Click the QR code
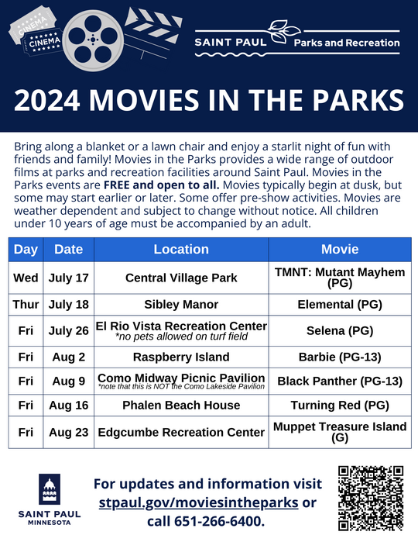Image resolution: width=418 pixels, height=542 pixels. click(x=371, y=497)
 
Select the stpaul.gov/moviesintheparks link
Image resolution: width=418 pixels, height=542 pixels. click(x=199, y=502)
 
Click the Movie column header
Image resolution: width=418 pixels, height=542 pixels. click(x=340, y=250)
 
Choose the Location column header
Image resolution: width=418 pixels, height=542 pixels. click(x=181, y=250)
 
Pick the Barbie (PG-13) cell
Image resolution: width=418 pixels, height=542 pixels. click(x=340, y=357)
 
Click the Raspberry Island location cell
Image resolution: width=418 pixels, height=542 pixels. click(x=181, y=357)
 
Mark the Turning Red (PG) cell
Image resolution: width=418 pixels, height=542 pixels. click(x=340, y=405)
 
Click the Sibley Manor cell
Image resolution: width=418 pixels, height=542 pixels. click(x=181, y=304)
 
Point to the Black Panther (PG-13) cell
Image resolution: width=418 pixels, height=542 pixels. click(x=340, y=381)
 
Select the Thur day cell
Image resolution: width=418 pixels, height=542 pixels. click(x=26, y=304)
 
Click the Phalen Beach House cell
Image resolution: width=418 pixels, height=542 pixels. click(x=181, y=405)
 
